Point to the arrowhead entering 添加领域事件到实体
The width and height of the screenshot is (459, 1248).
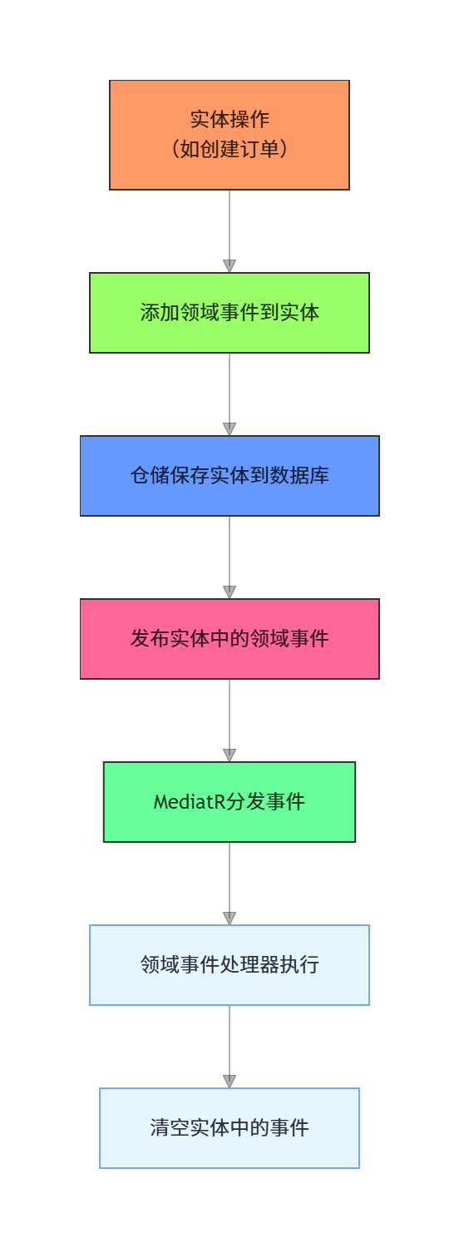(x=229, y=266)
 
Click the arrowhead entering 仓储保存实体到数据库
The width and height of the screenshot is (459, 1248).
(x=229, y=429)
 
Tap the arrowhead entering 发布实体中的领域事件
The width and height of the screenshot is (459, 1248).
(x=229, y=592)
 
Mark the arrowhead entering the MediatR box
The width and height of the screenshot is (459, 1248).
(x=229, y=755)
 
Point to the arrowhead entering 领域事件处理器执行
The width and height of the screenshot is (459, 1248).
(x=229, y=919)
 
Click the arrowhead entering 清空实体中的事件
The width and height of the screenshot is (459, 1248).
(x=229, y=1082)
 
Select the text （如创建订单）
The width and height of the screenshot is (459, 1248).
(x=229, y=150)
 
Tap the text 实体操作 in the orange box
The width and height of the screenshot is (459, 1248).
(x=229, y=119)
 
